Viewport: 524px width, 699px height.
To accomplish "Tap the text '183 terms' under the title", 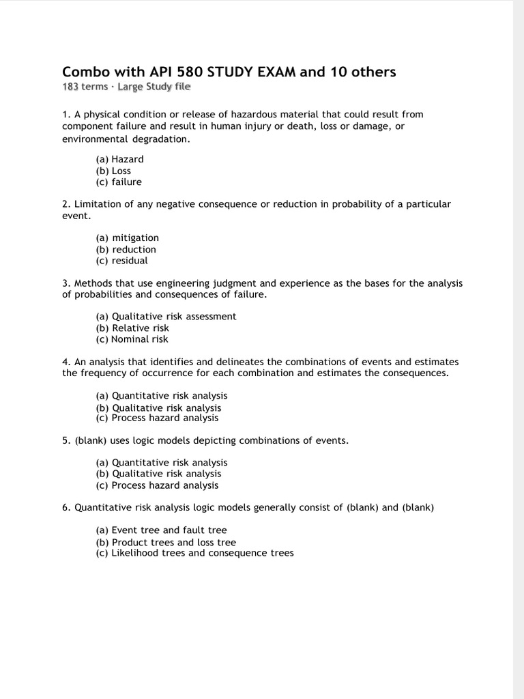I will [85, 87].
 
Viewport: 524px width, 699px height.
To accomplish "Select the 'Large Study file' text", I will [154, 87].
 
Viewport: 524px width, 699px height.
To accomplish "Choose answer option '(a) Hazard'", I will [119, 159].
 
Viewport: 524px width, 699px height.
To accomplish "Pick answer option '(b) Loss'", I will [113, 171].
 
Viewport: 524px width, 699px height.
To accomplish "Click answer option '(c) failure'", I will [119, 182].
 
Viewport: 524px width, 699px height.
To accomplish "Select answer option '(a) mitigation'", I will [127, 238].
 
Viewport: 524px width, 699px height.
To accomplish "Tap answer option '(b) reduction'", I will [126, 249].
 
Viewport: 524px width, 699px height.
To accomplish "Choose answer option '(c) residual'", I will [121, 261].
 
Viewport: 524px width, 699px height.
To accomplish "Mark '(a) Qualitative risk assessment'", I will [166, 316].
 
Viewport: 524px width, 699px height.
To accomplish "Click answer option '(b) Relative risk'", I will [132, 328].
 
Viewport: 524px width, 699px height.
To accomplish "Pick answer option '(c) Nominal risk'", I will [132, 339].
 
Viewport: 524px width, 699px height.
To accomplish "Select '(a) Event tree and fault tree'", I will [161, 530].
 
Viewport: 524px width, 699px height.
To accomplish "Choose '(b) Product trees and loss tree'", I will [166, 542].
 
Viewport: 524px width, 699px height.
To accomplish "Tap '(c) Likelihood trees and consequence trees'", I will [194, 553].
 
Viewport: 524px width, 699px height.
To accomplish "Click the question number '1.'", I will [66, 115].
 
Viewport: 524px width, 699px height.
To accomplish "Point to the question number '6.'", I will [66, 507].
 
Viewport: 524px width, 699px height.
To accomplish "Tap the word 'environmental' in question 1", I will [91, 139].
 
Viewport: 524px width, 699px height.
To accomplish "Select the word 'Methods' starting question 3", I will [92, 283].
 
